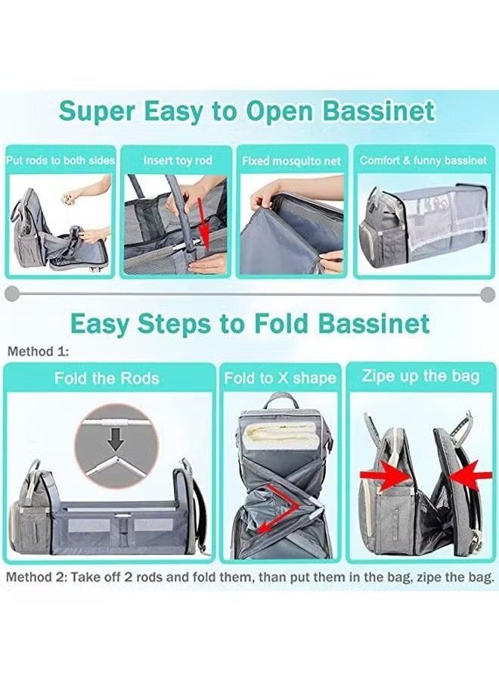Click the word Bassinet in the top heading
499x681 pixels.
(378, 111)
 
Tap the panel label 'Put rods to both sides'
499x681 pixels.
(60, 160)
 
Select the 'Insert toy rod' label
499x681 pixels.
(178, 160)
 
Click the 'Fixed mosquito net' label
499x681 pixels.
(292, 161)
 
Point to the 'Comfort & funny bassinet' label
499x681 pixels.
(423, 160)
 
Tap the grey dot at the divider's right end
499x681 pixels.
(488, 294)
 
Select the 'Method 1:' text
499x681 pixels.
(39, 351)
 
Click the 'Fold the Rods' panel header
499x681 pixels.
(107, 378)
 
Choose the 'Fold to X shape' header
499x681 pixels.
(280, 378)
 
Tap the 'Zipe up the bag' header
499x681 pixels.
(421, 376)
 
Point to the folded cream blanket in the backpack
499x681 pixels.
(280, 439)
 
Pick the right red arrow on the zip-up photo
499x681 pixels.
(470, 476)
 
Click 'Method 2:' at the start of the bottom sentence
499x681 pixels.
(36, 577)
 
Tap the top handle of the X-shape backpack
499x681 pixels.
(279, 402)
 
